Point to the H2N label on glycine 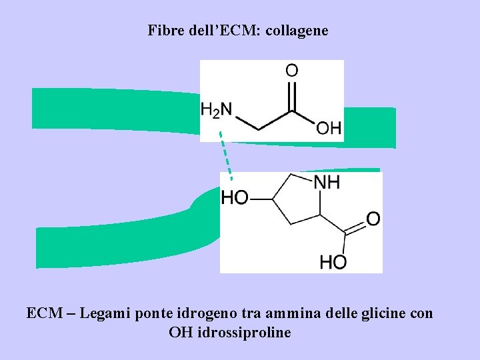point(217,109)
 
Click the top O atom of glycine point(291,70)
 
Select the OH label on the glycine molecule point(328,127)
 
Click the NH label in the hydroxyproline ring point(327,182)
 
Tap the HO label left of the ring point(235,198)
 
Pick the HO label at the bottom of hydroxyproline point(333,262)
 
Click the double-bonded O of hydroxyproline point(373,218)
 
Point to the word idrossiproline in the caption point(245,332)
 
